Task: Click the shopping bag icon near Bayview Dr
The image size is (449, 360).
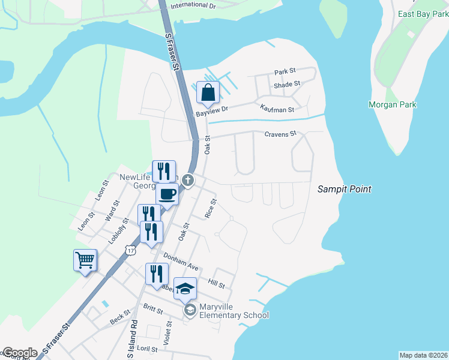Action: click(x=208, y=93)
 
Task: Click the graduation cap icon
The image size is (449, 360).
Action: click(x=185, y=289)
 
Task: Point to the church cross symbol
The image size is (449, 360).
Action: click(x=188, y=179)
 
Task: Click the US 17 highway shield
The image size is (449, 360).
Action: click(x=130, y=249)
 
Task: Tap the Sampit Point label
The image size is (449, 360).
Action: click(x=344, y=189)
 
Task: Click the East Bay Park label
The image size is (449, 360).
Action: click(x=423, y=13)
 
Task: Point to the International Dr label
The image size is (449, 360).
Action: click(x=193, y=5)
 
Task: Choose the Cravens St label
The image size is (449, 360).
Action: click(x=281, y=134)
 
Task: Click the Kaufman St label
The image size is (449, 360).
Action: click(x=277, y=109)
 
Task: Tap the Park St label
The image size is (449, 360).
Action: click(x=285, y=71)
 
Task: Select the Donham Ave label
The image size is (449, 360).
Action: click(x=181, y=261)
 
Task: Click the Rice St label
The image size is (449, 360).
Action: click(x=210, y=208)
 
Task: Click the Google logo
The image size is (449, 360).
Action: click(x=20, y=353)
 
